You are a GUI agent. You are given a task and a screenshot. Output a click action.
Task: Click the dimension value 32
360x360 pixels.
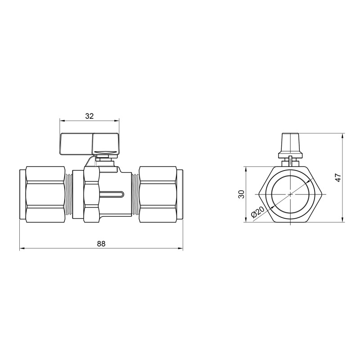click(x=89, y=116)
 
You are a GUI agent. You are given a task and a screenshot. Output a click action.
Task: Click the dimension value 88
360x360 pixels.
click(x=101, y=243)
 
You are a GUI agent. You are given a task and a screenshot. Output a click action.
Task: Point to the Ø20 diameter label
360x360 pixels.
click(x=258, y=213)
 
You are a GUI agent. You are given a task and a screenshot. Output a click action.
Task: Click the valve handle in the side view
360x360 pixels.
click(x=89, y=143)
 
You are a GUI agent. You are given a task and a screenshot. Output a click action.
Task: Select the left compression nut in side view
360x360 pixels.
click(x=45, y=194)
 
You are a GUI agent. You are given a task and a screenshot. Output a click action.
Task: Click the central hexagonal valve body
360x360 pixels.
click(x=91, y=194)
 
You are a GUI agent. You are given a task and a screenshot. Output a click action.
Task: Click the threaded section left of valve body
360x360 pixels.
click(x=69, y=194)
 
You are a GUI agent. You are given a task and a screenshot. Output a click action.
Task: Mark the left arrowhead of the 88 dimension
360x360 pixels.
click(x=22, y=248)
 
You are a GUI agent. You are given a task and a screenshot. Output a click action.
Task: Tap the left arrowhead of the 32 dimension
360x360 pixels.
click(x=62, y=121)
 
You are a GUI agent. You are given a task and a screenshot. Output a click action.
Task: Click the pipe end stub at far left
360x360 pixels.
click(x=22, y=194)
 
